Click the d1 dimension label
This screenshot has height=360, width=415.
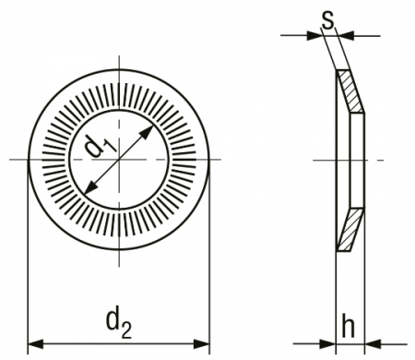101,146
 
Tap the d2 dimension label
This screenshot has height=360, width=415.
119,324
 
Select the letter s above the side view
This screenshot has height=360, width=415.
327,21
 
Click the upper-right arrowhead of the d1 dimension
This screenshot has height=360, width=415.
147,132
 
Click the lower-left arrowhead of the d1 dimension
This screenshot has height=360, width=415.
90,187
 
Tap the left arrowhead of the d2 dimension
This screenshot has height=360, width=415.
36,343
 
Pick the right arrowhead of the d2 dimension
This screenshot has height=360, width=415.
201,343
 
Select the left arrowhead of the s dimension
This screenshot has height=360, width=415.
314,36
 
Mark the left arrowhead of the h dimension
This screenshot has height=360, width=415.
327,343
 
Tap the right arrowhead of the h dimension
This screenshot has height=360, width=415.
373,343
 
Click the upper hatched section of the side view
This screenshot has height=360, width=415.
350,91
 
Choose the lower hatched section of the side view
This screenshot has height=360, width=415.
350,230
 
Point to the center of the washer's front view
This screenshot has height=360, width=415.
119,160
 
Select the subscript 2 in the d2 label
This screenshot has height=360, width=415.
126,330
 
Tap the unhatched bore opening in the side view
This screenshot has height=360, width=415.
358,160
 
